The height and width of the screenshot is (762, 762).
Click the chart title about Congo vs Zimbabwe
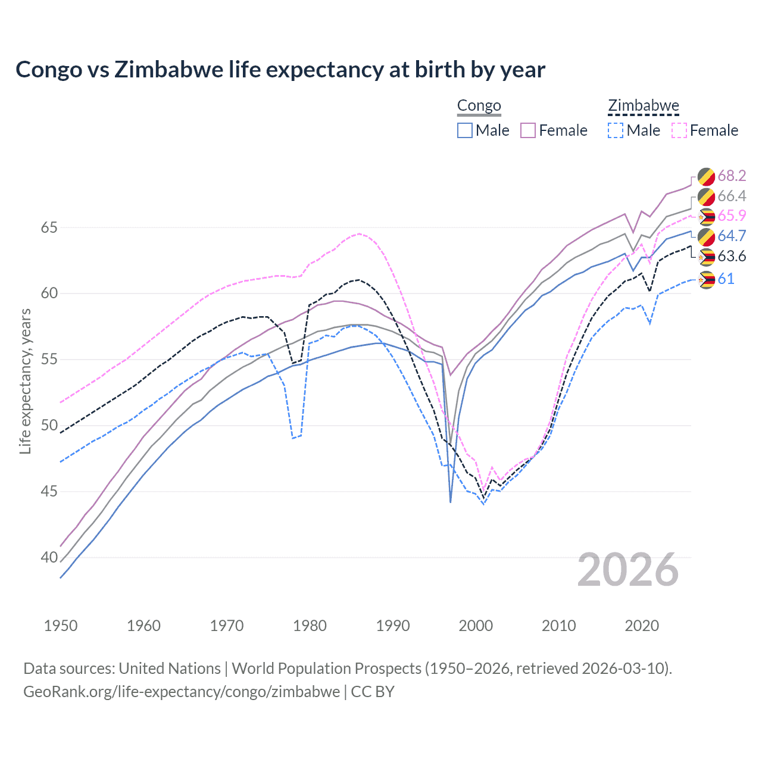(x=280, y=70)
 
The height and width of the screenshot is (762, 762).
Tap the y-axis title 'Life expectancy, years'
(x=25, y=381)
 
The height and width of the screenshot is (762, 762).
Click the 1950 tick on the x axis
(x=61, y=626)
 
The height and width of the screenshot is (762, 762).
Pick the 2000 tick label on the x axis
(x=476, y=626)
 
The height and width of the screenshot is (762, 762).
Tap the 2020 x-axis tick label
(x=642, y=626)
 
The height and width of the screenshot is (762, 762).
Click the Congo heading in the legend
(x=479, y=106)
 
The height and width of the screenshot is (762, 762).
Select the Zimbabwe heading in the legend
(x=643, y=106)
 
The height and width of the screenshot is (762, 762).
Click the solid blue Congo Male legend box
(x=465, y=130)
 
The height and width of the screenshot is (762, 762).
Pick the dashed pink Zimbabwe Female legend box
(x=679, y=130)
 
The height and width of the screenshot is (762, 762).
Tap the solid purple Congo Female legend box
(x=528, y=130)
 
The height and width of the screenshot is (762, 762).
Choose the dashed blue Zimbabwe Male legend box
(x=616, y=130)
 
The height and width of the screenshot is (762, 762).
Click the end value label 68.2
(x=732, y=176)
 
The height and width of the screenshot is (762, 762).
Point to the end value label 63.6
(x=732, y=256)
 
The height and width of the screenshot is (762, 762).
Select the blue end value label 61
(x=726, y=279)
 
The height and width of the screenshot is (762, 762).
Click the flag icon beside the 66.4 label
(x=706, y=196)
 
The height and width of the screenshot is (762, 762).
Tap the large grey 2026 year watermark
(x=628, y=570)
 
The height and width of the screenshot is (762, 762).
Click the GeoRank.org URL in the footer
(x=182, y=692)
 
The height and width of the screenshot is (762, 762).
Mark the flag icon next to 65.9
(x=706, y=216)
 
